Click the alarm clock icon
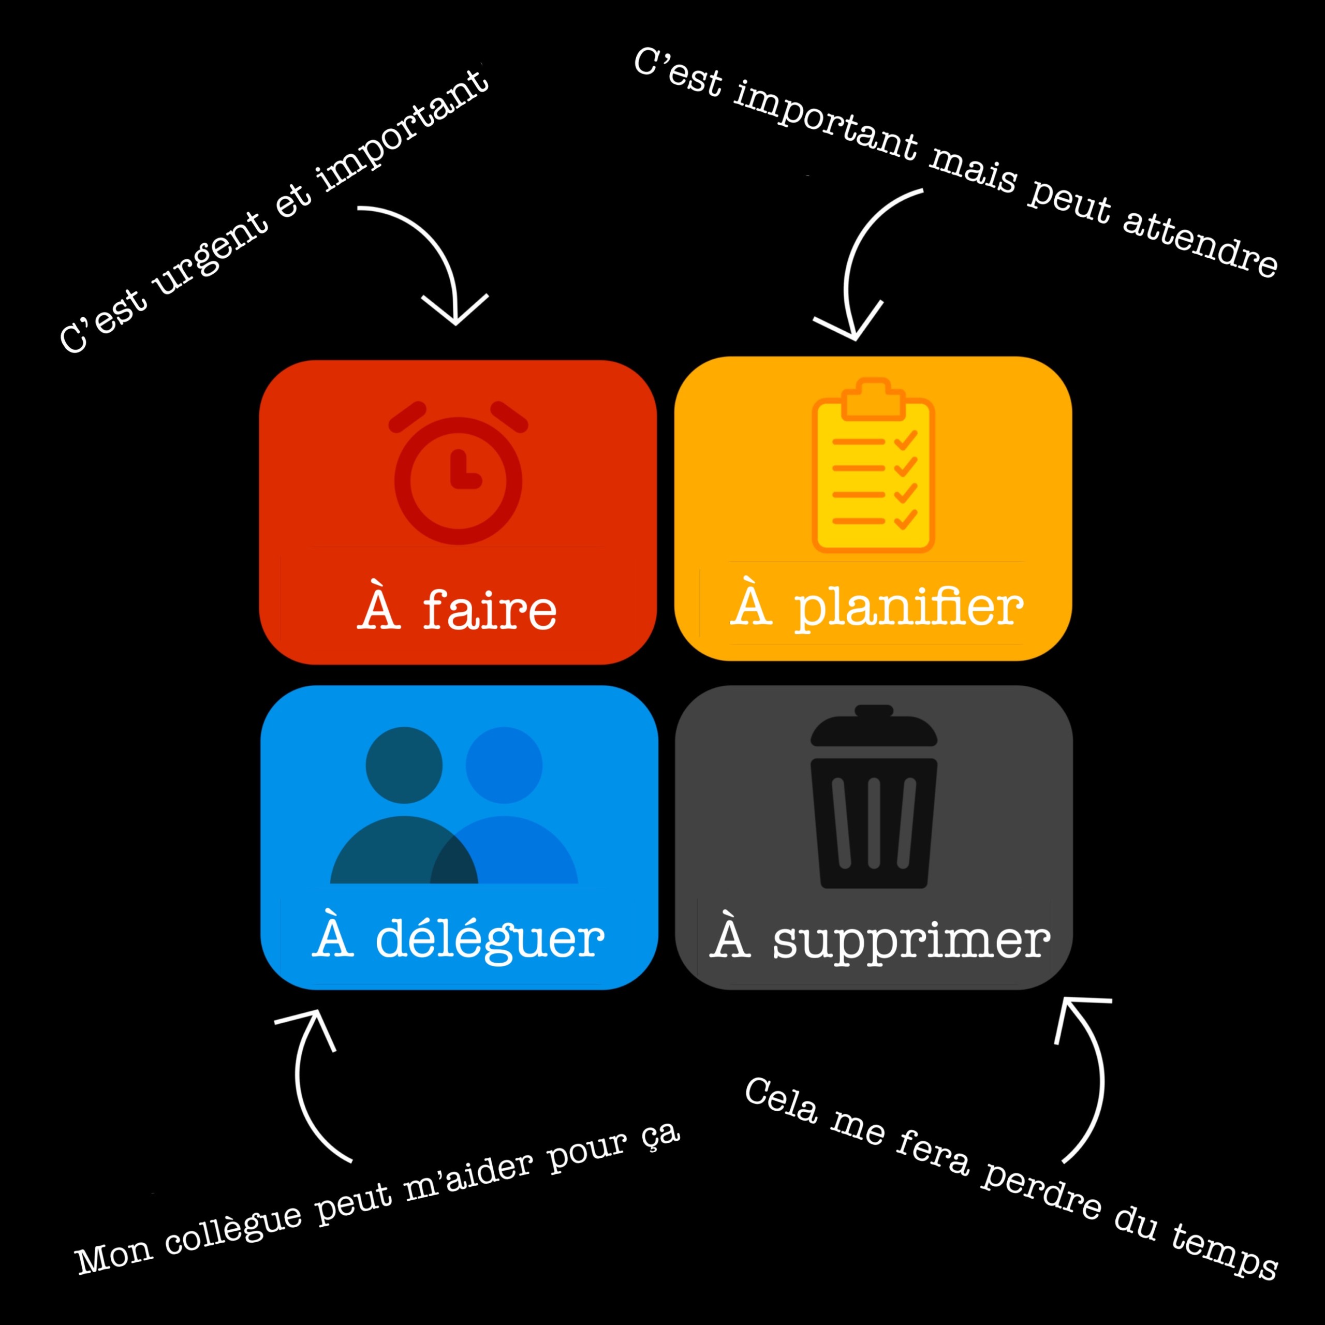pos(458,473)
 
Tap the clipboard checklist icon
pos(873,465)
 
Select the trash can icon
pos(874,796)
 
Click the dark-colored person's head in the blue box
pos(404,764)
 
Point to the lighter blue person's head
pos(504,764)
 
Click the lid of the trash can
pos(874,726)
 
